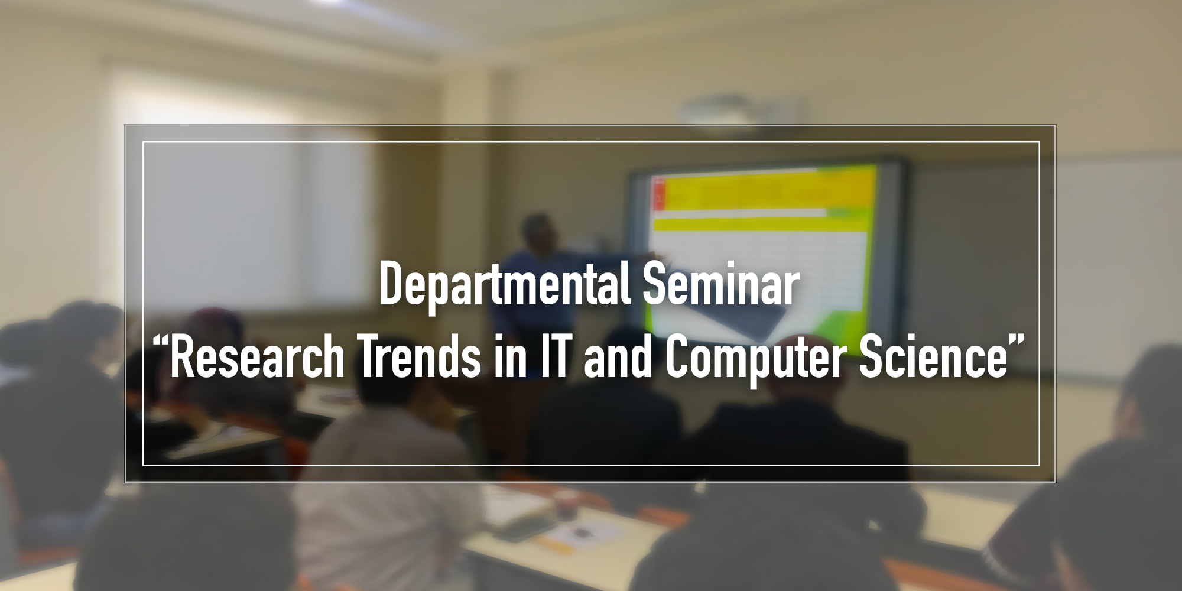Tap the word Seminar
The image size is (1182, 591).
pos(722,285)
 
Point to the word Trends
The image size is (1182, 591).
pos(419,357)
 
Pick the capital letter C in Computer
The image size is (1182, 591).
pos(678,357)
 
